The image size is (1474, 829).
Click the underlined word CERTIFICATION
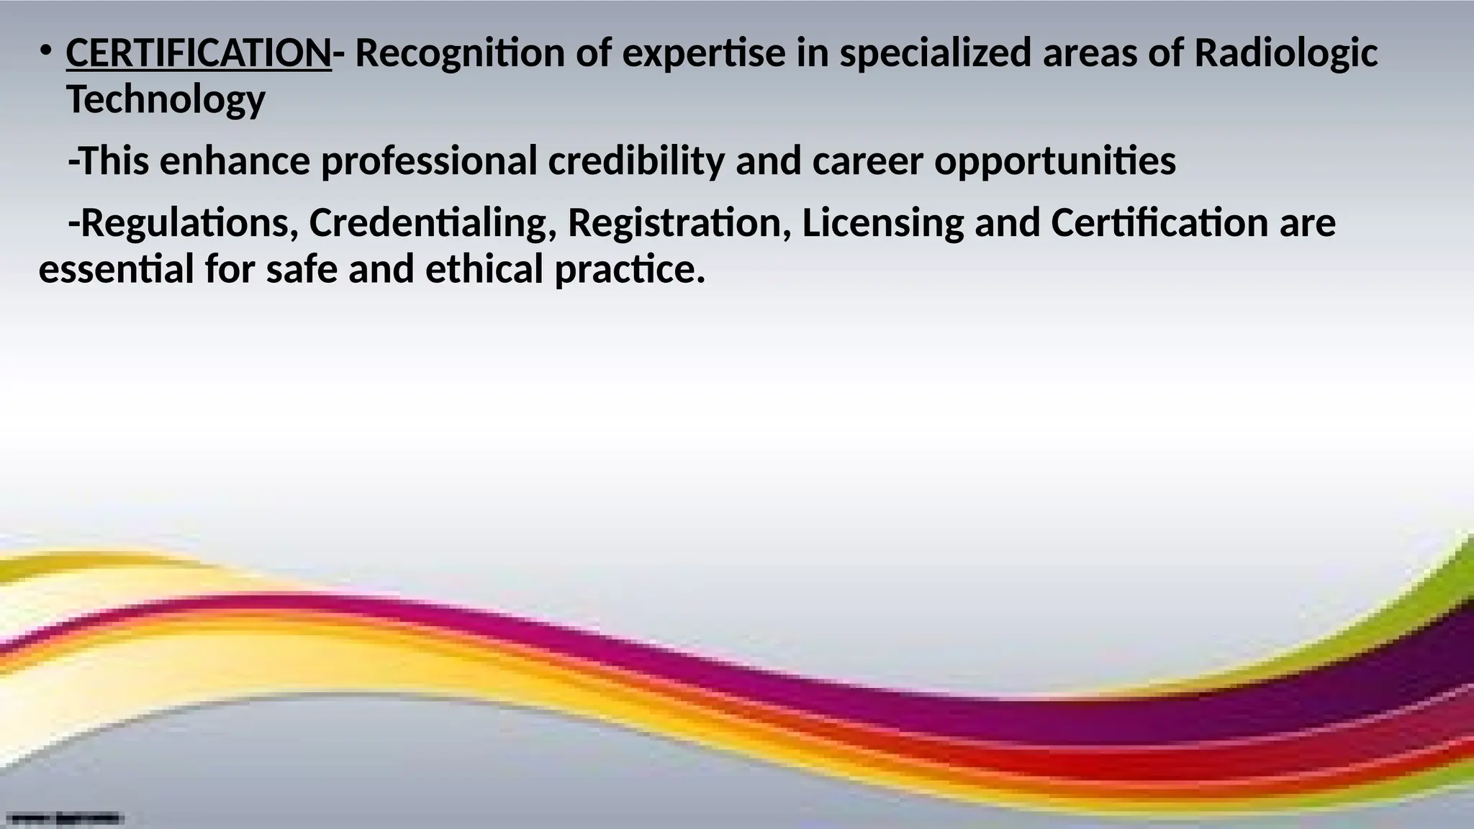point(198,53)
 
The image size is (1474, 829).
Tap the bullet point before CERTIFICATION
point(45,52)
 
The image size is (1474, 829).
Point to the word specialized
point(935,55)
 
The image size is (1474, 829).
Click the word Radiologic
point(1285,55)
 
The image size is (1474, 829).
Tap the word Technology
point(166,100)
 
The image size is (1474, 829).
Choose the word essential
point(116,270)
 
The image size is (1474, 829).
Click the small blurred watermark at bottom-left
point(65,817)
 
